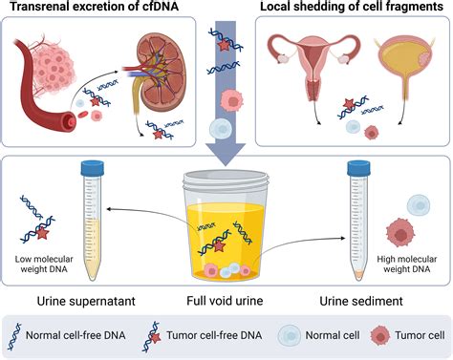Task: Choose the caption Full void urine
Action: pyautogui.click(x=226, y=303)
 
